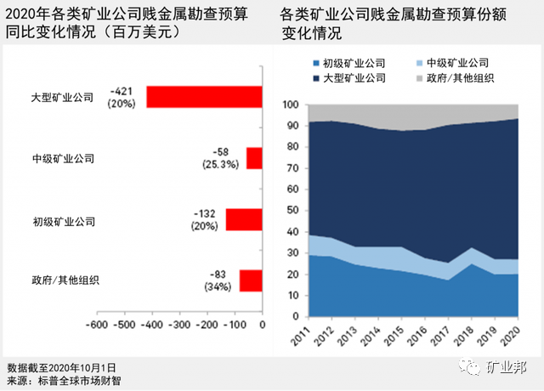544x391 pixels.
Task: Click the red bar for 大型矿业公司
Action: [204, 96]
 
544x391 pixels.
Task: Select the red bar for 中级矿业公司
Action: [254, 158]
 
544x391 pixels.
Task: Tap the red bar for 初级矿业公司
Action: [243, 219]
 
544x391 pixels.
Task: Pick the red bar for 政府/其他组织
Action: [251, 280]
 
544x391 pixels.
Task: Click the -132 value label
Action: [204, 213]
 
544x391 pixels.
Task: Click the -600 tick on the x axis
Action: [95, 325]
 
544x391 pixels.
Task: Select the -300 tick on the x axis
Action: [178, 325]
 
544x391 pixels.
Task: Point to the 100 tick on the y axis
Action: [289, 105]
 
